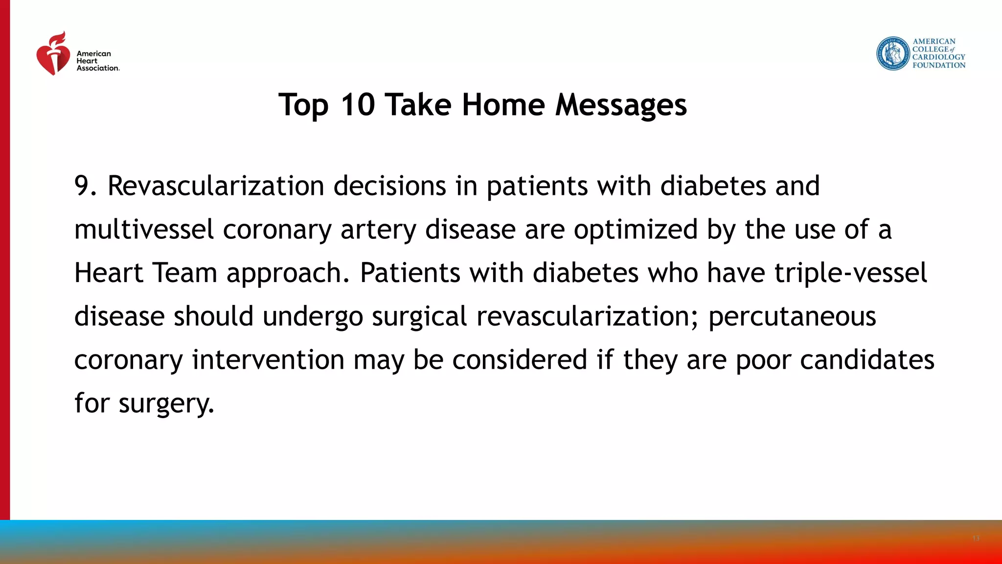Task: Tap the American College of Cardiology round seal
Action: pos(893,53)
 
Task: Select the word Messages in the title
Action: pos(621,105)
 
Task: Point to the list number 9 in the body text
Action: pos(82,186)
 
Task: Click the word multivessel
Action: pos(144,230)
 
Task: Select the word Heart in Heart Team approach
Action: pos(108,273)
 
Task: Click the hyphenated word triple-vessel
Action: pos(850,273)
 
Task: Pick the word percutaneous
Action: pos(792,316)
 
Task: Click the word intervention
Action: pos(268,359)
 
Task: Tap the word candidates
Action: pos(866,359)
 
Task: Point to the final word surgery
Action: pos(166,403)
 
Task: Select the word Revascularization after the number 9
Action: pos(216,186)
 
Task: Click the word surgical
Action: pos(419,316)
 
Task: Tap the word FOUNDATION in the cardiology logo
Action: pos(938,65)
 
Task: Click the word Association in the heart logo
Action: pos(97,68)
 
